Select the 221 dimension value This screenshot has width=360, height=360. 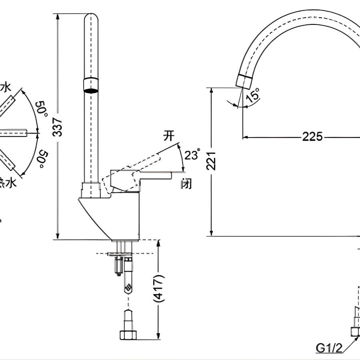point(212,161)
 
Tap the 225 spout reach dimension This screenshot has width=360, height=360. point(312,137)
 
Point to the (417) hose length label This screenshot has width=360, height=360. point(159,288)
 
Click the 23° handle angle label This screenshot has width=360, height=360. point(192,155)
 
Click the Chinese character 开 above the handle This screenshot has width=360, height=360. point(169,136)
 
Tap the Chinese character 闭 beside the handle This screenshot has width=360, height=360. point(186,184)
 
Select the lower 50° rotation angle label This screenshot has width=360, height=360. point(42,159)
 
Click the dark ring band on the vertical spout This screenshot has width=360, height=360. point(91,85)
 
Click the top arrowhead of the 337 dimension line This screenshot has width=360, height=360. point(58,16)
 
